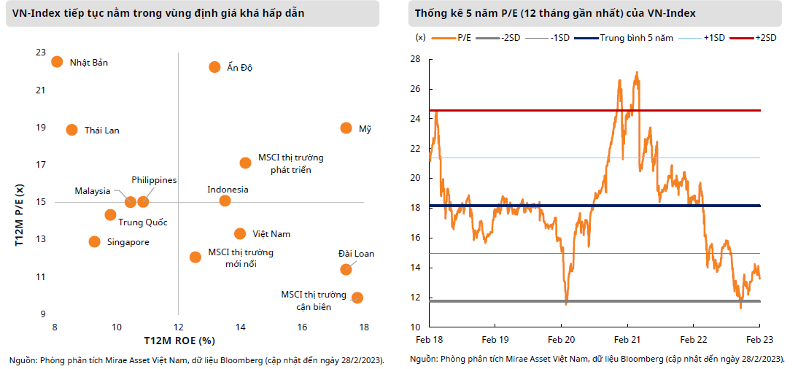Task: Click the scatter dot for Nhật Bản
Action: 57,62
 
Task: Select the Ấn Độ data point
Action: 214,67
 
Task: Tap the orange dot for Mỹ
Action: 346,128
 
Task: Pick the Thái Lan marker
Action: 71,130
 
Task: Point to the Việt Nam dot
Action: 240,233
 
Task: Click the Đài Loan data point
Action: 346,269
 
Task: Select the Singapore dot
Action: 94,241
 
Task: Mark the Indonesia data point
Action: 225,201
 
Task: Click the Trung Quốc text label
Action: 143,222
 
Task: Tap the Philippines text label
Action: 154,180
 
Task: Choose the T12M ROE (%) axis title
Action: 179,340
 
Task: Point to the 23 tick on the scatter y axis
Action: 39,53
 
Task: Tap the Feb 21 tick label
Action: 627,340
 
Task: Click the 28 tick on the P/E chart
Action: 414,59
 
